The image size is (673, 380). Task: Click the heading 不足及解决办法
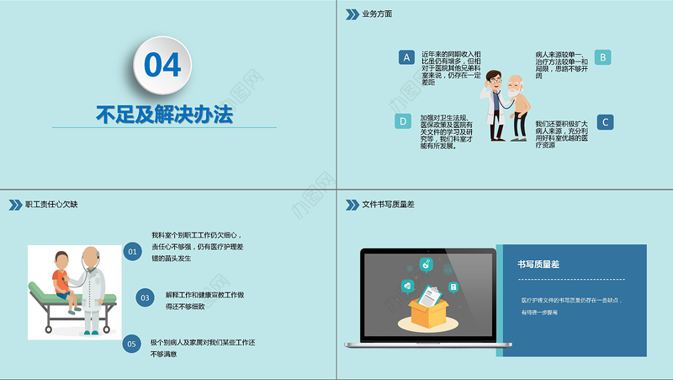(163, 113)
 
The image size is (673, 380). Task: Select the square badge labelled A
(406, 57)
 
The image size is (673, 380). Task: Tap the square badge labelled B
(602, 57)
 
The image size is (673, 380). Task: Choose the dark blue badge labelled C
(604, 122)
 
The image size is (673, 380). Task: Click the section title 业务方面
(377, 14)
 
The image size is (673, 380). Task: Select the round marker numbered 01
(132, 251)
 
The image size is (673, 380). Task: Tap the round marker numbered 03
(145, 297)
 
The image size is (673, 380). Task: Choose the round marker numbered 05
(131, 343)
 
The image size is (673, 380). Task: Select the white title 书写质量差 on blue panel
(538, 265)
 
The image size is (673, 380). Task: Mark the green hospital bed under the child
(50, 299)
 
